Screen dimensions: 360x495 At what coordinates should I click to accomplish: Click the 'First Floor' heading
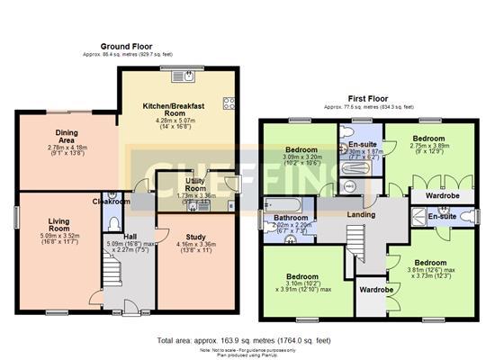coord(368,100)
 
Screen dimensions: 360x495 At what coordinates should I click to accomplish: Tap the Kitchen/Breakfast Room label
coord(175,110)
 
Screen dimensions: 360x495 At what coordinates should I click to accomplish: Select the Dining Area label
coord(63,136)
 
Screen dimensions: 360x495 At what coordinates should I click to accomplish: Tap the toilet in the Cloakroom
coord(112,220)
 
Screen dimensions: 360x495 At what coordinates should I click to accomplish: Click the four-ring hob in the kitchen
coord(229,103)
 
